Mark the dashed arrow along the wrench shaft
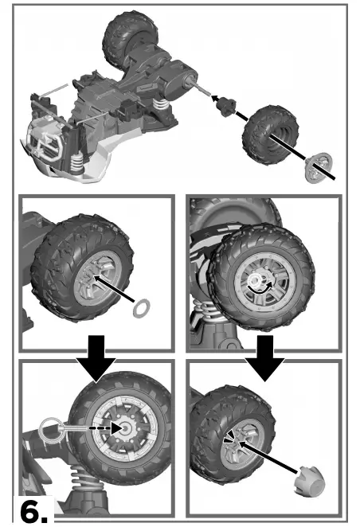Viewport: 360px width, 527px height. click(94, 428)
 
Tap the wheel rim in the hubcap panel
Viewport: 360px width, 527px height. click(237, 445)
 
